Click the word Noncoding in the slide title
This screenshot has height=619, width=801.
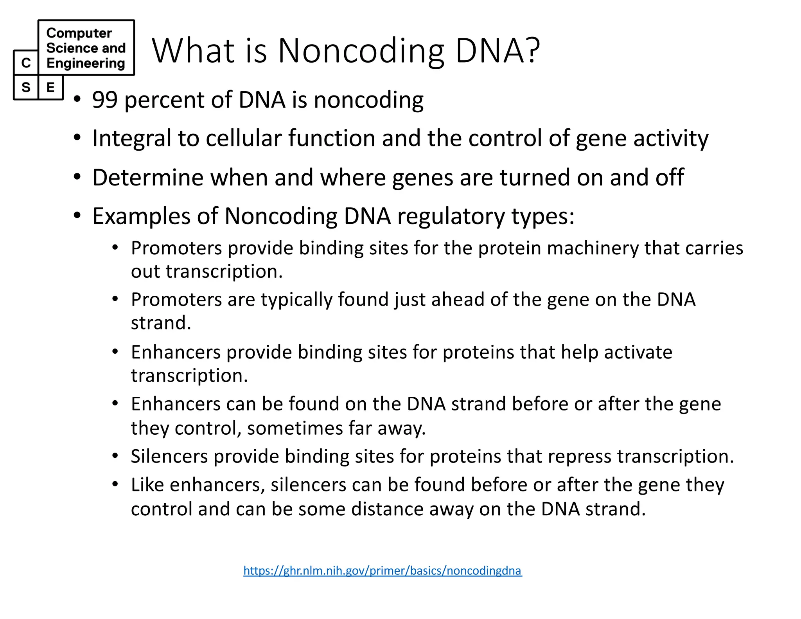(361, 51)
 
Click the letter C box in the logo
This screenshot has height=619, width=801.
(26, 63)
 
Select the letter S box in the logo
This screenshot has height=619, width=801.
(26, 87)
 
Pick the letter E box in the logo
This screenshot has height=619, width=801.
(50, 87)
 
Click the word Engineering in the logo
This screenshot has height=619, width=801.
(86, 63)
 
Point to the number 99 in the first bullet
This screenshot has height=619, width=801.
(104, 100)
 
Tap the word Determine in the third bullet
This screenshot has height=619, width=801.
(148, 178)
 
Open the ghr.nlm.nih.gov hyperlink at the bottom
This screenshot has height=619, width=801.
(382, 570)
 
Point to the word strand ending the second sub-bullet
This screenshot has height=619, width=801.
(160, 323)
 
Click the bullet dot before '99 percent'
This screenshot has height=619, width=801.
(77, 99)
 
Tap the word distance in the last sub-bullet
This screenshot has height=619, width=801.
(386, 509)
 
